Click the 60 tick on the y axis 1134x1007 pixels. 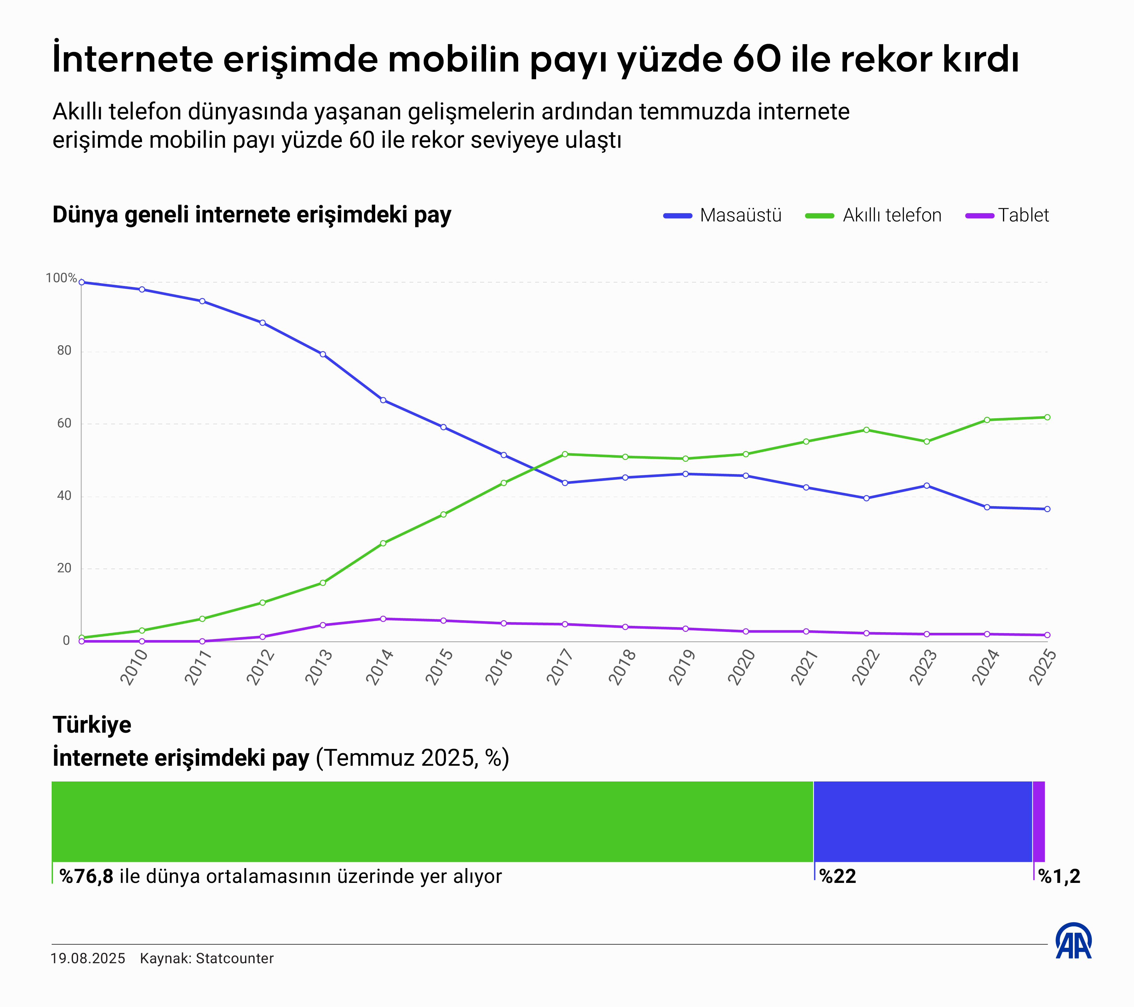coord(64,423)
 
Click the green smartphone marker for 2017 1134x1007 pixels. coord(565,454)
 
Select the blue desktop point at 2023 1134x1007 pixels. coord(926,485)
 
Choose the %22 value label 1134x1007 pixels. coord(838,877)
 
